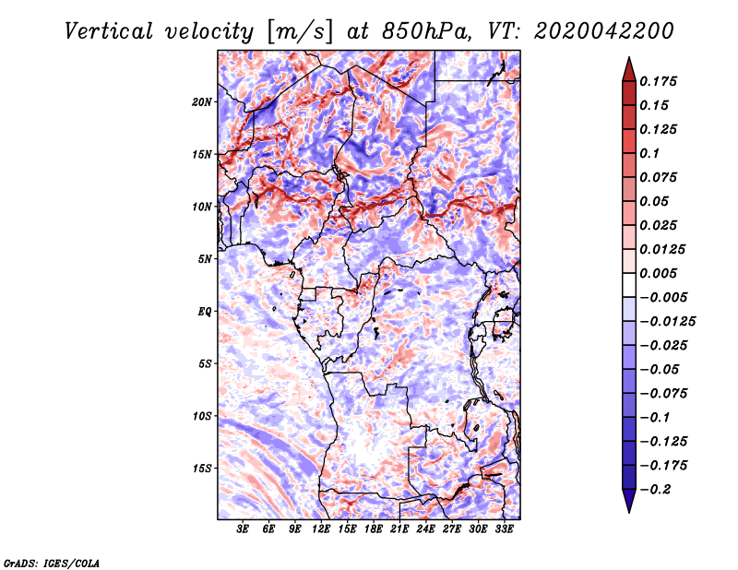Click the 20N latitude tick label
click(x=202, y=101)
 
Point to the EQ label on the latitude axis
click(x=206, y=312)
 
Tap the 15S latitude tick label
click(x=202, y=469)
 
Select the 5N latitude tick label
click(x=205, y=259)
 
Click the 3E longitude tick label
click(x=244, y=530)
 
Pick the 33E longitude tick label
click(x=504, y=530)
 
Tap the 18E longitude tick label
click(x=374, y=530)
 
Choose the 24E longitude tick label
click(x=425, y=530)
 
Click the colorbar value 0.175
click(x=661, y=81)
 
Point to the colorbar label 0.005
click(x=661, y=273)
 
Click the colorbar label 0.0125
click(x=663, y=249)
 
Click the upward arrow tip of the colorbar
click(x=628, y=61)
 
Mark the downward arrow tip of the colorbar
click(x=628, y=509)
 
